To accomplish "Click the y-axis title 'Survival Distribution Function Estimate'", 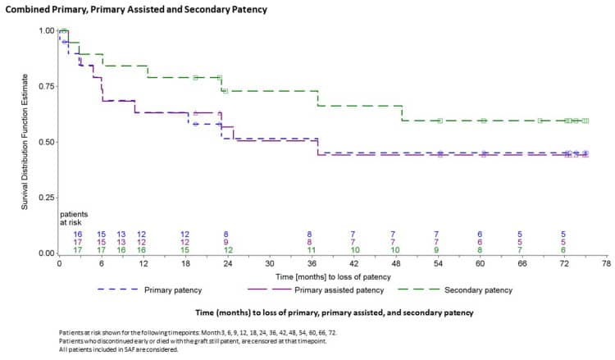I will pyautogui.click(x=25, y=141).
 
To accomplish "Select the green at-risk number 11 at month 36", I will pyautogui.click(x=310, y=250).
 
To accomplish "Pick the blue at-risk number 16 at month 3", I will pyautogui.click(x=77, y=234).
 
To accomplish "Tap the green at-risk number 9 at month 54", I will pyautogui.click(x=437, y=250).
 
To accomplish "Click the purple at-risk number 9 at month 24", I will pyautogui.click(x=226, y=242).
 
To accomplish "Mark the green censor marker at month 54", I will pyautogui.click(x=440, y=121).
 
